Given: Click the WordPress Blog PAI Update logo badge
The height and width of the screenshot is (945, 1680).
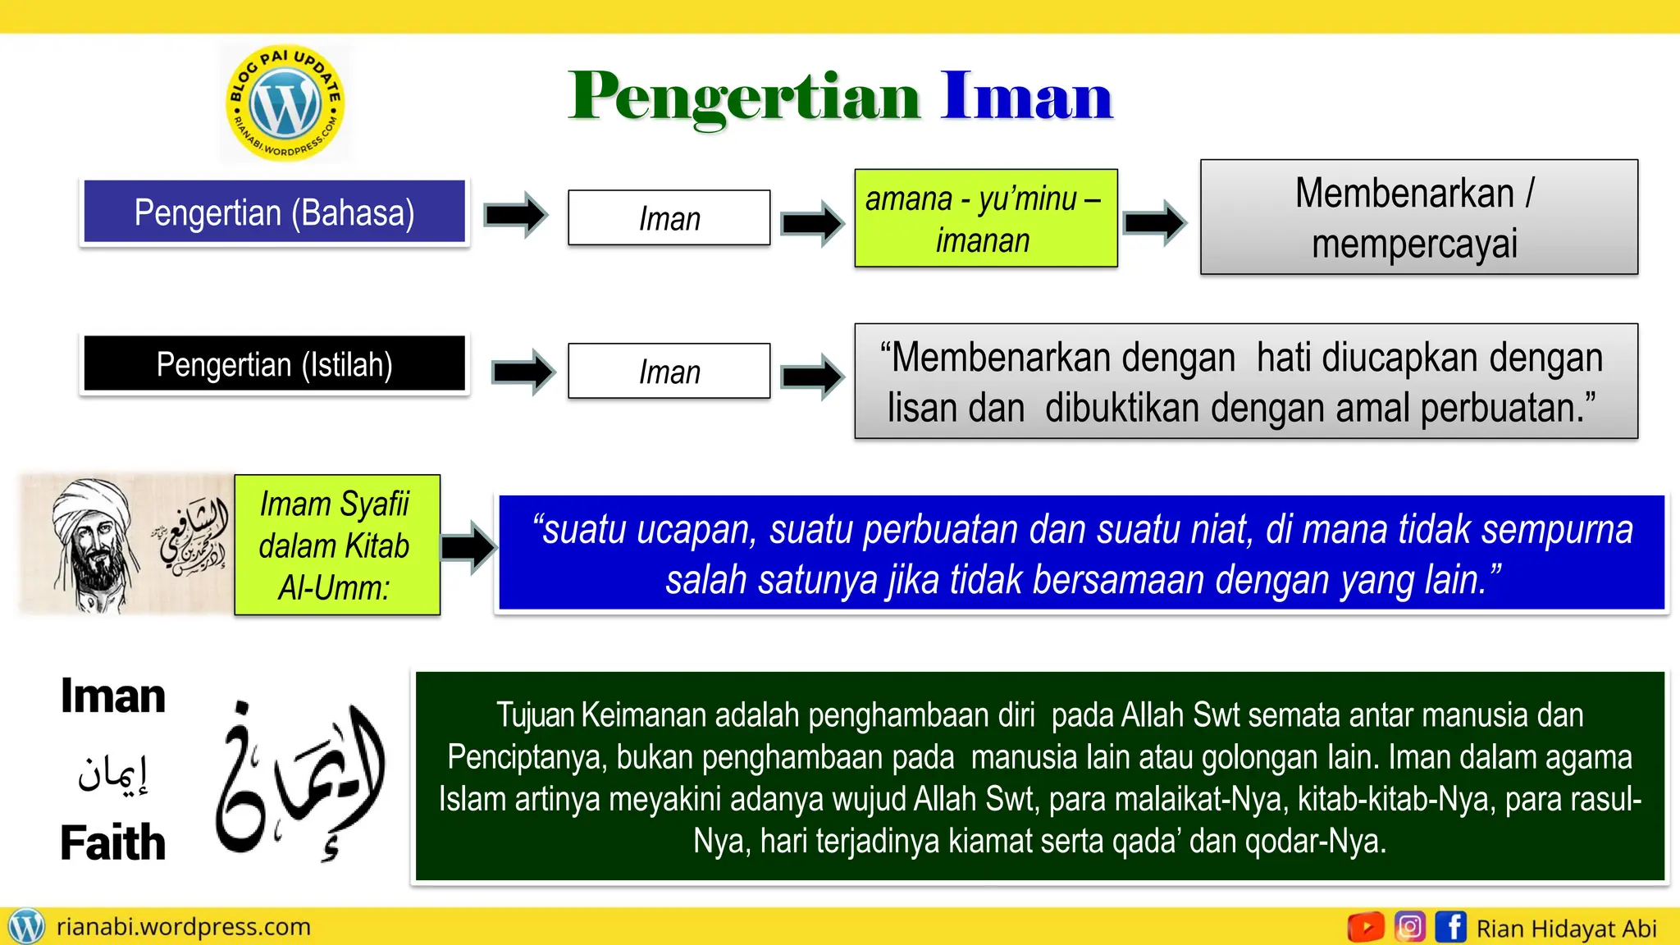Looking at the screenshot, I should point(285,103).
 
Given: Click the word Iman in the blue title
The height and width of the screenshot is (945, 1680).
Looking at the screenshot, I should point(1026,97).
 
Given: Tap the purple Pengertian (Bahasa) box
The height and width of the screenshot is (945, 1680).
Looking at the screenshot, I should point(274,212).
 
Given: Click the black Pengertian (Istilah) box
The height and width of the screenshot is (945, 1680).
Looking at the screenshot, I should point(274,364).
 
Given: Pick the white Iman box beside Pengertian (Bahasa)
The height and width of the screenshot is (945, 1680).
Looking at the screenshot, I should point(669,218).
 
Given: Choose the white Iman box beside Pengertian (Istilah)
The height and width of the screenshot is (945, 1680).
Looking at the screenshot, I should point(669,372).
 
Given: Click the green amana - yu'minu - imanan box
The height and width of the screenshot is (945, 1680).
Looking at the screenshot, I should point(985,219).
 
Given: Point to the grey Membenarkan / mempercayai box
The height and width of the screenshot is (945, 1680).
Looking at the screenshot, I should point(1418,217).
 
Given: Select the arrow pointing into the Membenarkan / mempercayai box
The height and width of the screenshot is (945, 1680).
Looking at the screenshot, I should point(1154,221).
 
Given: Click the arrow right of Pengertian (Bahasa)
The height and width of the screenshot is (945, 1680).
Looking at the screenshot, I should point(515,215).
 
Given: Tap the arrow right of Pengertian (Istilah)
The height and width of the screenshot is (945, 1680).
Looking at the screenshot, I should point(523,372).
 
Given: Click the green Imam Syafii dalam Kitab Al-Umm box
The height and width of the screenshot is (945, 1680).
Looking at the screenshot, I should point(336,546).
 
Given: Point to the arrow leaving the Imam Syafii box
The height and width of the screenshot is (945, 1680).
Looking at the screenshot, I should point(468,546).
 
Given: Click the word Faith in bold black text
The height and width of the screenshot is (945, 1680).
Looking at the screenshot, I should point(113,842).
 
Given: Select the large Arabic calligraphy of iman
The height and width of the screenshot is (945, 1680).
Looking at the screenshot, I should point(299,779).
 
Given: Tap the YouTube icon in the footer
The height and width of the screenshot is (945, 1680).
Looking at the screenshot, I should point(1366,927).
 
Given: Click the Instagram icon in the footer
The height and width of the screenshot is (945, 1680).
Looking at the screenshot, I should point(1410,927).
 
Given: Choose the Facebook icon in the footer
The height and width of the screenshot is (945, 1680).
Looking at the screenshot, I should point(1450,927).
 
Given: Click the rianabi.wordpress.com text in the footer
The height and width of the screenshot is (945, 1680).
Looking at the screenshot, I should point(183,927).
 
